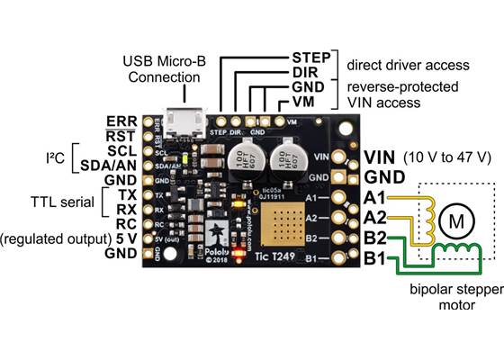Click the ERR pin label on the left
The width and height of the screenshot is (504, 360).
coord(121,121)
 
